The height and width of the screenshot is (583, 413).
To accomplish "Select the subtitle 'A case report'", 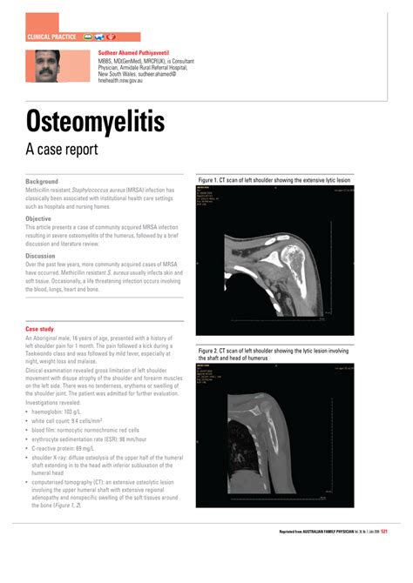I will coord(62,149).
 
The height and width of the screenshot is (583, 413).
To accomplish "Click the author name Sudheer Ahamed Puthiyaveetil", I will coord(142,54).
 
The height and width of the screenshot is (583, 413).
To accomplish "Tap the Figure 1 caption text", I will coord(274,180).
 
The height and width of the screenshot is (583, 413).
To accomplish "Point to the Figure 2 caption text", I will coord(274,353).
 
